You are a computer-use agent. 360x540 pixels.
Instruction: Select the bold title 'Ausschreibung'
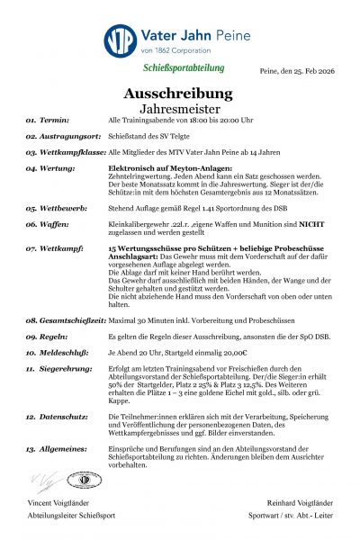coord(180,93)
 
